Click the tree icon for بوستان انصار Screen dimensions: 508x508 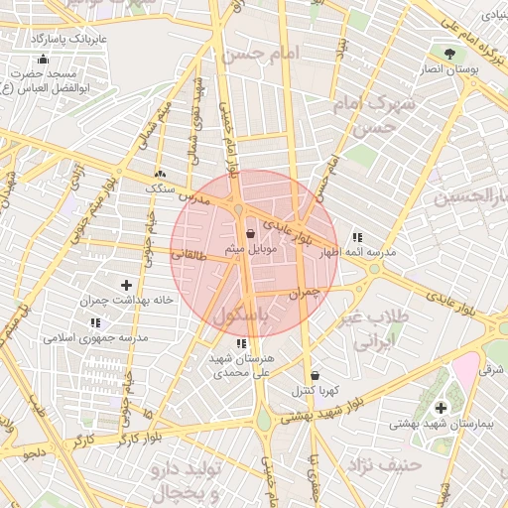451,54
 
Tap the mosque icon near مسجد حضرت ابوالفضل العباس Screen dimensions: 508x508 43,59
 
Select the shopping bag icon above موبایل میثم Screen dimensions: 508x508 250,233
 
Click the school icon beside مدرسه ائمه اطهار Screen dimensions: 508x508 357,238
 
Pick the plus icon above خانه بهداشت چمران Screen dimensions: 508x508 126,285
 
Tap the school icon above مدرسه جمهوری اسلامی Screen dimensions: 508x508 96,323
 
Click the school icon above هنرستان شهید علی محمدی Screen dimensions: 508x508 241,343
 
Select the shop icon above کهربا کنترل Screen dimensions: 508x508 316,376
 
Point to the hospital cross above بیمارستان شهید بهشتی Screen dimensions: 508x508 441,407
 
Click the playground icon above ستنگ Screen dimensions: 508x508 160,173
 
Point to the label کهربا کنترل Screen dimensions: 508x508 316,391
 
